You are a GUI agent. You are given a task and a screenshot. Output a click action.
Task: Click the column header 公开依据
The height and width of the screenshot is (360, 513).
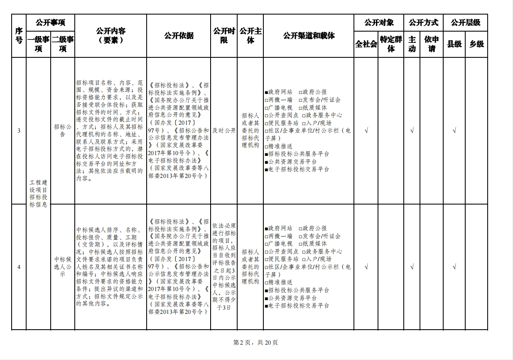tap(179, 36)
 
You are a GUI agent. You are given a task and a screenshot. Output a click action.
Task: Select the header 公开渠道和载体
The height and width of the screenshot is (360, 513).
tap(309, 36)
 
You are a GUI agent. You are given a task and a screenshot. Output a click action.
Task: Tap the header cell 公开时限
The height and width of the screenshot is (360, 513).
tap(224, 36)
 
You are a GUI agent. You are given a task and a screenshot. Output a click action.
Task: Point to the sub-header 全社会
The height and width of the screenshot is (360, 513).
tap(366, 44)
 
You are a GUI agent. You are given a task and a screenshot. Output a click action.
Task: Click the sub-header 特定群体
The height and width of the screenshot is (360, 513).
tap(391, 44)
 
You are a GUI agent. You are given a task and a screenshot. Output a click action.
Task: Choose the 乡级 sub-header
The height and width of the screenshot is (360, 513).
tap(476, 44)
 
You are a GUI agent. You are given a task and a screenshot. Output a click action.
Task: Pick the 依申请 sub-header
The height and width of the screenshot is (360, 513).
tap(432, 44)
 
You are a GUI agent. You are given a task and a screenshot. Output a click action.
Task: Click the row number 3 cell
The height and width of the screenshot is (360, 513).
tap(19, 131)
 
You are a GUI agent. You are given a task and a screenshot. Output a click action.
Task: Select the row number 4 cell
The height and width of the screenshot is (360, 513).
tap(19, 267)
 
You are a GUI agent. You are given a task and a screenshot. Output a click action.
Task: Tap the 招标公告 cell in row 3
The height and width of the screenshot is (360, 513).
tap(63, 131)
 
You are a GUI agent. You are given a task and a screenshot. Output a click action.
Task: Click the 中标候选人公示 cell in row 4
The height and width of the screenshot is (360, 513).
tap(63, 267)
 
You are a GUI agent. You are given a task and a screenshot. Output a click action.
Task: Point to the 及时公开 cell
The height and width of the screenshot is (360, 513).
tap(224, 131)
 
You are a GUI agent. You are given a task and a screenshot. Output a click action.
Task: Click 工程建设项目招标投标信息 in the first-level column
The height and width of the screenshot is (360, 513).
tap(38, 194)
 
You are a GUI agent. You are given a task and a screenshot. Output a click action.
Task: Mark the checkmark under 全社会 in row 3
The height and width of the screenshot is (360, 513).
tap(366, 131)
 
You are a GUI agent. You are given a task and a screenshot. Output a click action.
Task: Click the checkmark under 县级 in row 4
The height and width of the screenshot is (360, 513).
tap(454, 267)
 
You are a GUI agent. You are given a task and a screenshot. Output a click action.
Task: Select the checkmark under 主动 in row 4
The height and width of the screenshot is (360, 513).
tap(412, 267)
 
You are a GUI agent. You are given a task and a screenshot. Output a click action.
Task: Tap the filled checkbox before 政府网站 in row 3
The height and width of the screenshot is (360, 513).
tap(266, 92)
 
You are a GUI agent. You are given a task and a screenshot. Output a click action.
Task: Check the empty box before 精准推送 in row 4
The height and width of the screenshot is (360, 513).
tap(266, 283)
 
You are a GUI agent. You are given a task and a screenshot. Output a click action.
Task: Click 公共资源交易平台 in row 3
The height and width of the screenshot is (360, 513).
tap(292, 162)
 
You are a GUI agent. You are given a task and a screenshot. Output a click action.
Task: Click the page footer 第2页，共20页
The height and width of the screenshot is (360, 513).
tap(256, 343)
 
